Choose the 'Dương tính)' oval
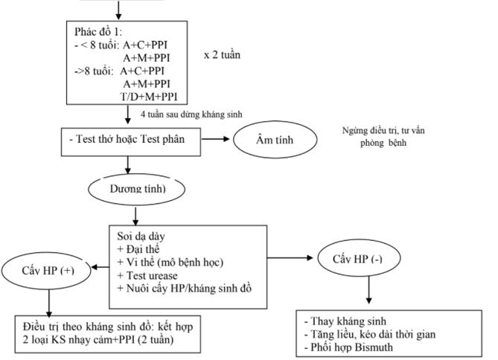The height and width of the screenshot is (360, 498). (136, 188)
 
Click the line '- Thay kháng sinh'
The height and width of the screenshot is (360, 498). (343, 321)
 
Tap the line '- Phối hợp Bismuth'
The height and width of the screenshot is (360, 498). (351, 347)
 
